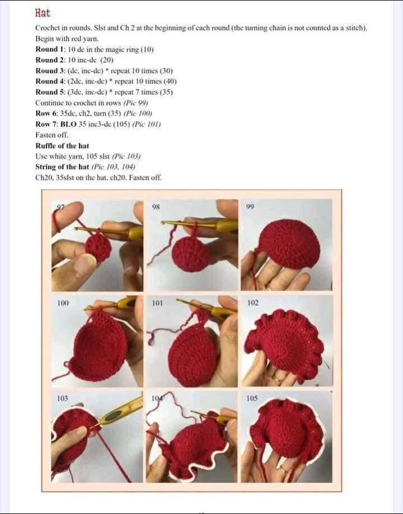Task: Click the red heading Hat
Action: click(43, 13)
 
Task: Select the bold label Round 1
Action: click(51, 49)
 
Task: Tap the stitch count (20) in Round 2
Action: click(107, 60)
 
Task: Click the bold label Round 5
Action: click(51, 92)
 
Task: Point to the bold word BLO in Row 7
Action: click(68, 124)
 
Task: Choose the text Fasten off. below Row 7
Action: click(51, 135)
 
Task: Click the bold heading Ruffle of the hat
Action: click(62, 146)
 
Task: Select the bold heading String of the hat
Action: click(62, 166)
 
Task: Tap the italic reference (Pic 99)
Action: click(135, 102)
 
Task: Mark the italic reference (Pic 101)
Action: click(146, 124)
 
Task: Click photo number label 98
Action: click(156, 207)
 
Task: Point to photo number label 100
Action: click(63, 303)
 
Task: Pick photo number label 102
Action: click(253, 303)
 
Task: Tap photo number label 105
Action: click(252, 398)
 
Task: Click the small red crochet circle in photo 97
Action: click(99, 247)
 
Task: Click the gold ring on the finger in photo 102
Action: click(277, 380)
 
